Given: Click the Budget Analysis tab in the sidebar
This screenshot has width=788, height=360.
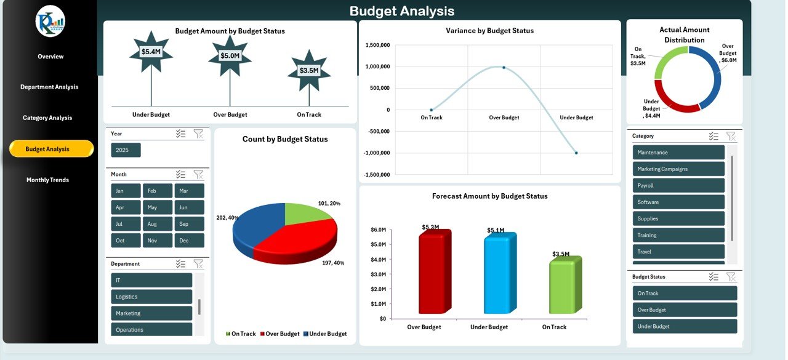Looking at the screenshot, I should pyautogui.click(x=51, y=149).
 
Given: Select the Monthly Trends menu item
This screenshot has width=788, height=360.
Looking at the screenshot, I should pyautogui.click(x=47, y=180).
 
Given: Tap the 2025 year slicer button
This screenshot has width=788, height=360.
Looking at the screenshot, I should pyautogui.click(x=126, y=150).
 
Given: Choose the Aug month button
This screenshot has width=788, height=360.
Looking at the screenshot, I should pyautogui.click(x=158, y=224).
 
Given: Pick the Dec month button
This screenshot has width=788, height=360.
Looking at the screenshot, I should pyautogui.click(x=189, y=241).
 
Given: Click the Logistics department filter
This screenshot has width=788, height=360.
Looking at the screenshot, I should pyautogui.click(x=151, y=297).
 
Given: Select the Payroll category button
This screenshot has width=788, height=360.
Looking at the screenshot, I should pyautogui.click(x=678, y=185).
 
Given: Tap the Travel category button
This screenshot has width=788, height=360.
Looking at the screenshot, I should pyautogui.click(x=678, y=252).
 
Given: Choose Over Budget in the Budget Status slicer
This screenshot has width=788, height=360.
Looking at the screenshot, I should pyautogui.click(x=684, y=310).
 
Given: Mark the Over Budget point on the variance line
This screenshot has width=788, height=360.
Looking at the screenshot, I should pyautogui.click(x=504, y=68).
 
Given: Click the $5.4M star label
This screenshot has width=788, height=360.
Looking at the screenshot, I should pyautogui.click(x=151, y=52).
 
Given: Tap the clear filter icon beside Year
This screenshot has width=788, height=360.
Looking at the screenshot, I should pyautogui.click(x=198, y=134).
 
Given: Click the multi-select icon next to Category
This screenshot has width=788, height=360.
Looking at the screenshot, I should pyautogui.click(x=714, y=136).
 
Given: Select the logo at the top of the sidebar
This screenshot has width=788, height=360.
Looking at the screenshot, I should pyautogui.click(x=50, y=21).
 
